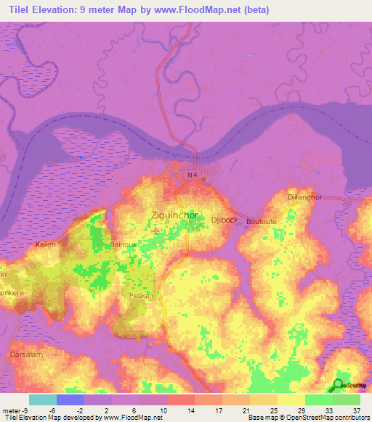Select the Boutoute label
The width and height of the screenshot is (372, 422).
pos(262,221)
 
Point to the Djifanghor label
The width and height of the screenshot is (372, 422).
pos(305,196)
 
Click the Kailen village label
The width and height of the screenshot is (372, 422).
pos(46,245)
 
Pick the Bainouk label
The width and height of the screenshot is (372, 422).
pos(124,245)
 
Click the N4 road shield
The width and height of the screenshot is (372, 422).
pos(191,175)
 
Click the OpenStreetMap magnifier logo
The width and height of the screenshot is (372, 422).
pos(338,385)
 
